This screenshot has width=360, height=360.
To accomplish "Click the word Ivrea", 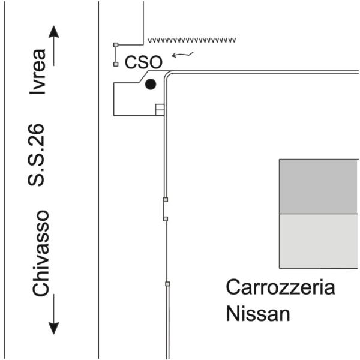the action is [38, 71].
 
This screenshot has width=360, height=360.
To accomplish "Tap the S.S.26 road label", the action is [36, 155].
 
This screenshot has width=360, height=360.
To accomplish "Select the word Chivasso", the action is [41, 253].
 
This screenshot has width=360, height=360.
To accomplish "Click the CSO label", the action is [143, 62].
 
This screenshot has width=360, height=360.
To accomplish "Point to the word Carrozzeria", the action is [280, 287].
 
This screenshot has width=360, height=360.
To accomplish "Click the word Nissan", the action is [258, 314].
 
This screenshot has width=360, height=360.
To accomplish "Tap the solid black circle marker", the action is [151, 84].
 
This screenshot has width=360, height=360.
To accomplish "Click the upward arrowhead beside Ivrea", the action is [54, 32].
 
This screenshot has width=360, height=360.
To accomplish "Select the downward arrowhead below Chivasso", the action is [54, 328].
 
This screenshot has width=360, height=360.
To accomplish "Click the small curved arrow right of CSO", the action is [182, 55].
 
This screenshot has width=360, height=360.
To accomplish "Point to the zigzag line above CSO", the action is [192, 40].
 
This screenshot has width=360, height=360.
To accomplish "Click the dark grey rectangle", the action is [319, 187].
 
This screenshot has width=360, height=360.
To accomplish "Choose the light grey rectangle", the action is [319, 241].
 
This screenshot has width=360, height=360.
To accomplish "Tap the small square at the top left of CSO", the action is [116, 45].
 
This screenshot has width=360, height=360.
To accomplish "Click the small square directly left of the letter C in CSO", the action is [116, 64].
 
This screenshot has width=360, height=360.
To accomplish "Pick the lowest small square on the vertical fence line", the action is [168, 284].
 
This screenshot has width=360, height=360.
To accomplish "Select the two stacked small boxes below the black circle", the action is [160, 110].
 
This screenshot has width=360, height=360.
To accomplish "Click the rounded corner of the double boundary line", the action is [167, 74].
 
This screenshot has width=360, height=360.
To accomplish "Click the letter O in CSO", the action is [156, 62].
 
